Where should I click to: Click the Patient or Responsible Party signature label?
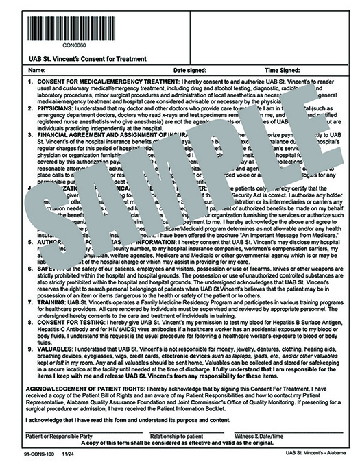point(58,437)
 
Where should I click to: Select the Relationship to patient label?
point(178,437)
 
